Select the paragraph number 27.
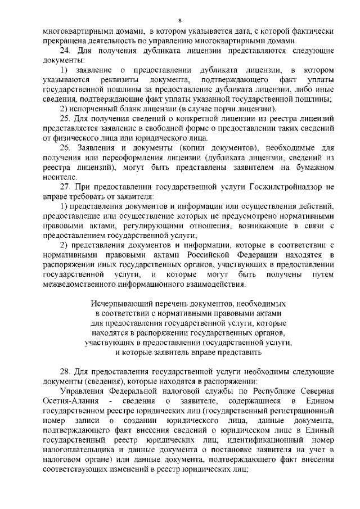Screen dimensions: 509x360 (x=65, y=187)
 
